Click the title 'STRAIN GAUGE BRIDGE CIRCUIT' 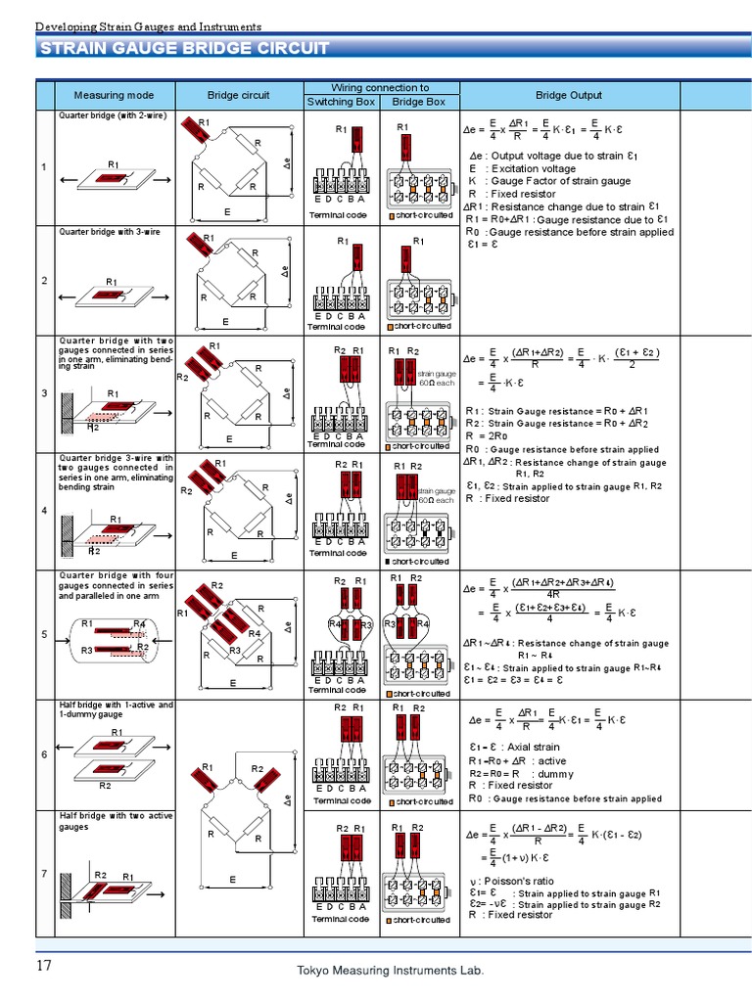coord(184,50)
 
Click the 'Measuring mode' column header coord(113,95)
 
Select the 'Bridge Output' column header coord(569,95)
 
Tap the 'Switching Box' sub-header coord(341,102)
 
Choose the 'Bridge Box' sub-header coord(418,102)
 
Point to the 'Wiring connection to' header coord(380,88)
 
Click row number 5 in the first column coord(44,635)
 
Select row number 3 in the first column coord(44,393)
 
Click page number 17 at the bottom coord(44,966)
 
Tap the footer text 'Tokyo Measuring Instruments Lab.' coord(390,970)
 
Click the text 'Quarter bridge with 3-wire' coord(110,232)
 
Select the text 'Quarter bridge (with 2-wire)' coord(113,115)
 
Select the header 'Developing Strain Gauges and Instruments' coord(148,26)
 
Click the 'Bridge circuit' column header coord(238,95)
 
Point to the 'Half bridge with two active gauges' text coord(116,821)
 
